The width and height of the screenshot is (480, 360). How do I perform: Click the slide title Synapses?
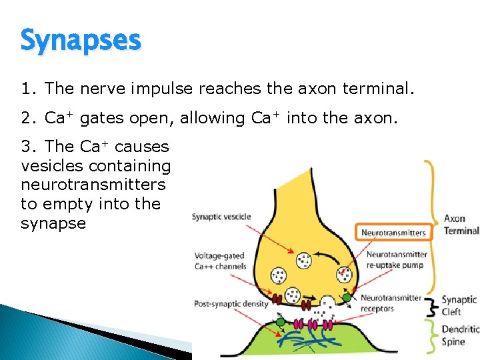[x=81, y=40]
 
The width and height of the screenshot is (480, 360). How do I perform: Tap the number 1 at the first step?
[x=26, y=89]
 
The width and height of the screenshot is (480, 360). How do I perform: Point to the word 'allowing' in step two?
[x=209, y=118]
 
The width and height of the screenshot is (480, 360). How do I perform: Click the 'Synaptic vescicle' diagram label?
[x=221, y=217]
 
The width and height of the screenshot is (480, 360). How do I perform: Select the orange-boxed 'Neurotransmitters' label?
[x=393, y=233]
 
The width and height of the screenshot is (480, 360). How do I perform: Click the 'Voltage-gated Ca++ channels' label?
[x=220, y=261]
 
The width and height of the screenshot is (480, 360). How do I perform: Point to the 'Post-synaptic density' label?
[x=231, y=304]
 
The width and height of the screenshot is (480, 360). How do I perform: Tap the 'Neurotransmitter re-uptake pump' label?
[x=396, y=260]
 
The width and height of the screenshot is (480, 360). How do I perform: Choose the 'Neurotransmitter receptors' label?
[x=391, y=303]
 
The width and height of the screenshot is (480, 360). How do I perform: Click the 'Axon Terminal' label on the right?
[x=461, y=225]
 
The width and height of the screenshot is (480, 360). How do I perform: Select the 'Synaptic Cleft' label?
[x=460, y=306]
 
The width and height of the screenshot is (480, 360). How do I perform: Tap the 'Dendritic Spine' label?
[x=460, y=335]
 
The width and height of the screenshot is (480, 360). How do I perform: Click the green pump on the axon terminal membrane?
[x=347, y=297]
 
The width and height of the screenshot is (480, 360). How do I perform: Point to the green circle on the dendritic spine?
[x=281, y=322]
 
